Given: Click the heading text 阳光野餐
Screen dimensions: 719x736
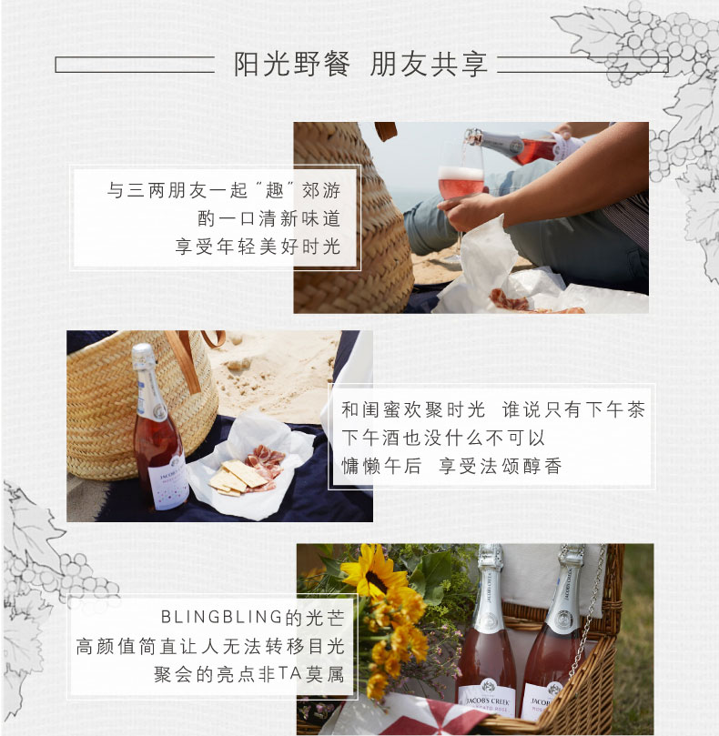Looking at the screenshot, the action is click(292, 64).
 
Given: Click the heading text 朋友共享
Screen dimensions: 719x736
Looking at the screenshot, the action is click(429, 64).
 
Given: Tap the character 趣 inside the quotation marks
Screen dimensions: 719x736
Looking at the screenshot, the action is click(275, 190).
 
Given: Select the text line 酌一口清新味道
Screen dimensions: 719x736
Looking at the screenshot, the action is click(268, 218).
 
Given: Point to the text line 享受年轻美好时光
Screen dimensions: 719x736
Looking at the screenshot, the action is click(258, 247).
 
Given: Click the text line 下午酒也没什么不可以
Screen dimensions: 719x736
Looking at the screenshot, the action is click(443, 438).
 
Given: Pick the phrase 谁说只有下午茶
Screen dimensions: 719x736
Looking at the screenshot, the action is click(573, 409).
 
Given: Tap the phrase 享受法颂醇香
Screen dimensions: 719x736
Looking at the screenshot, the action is click(501, 466).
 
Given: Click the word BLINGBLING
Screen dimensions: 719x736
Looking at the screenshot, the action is click(222, 617).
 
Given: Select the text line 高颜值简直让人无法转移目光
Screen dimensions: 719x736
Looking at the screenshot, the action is click(210, 646).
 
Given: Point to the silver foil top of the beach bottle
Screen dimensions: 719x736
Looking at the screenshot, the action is click(144, 356).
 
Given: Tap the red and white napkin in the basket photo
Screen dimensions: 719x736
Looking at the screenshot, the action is click(413, 716).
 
